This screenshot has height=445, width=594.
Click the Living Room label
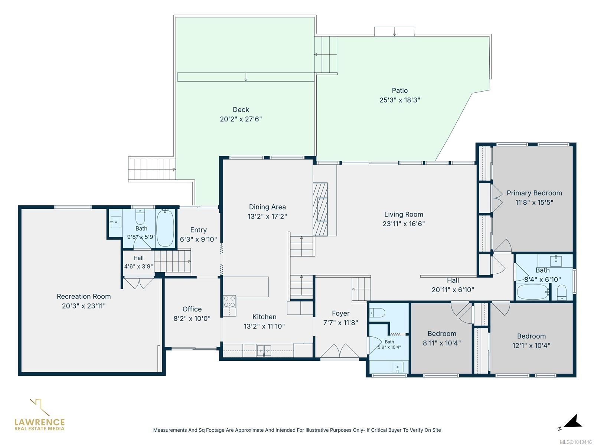tap(404, 214)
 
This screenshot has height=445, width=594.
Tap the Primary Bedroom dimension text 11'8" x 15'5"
tap(534, 202)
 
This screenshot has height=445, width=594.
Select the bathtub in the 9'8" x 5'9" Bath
tap(165, 228)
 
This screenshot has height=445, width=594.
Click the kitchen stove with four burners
tap(229, 301)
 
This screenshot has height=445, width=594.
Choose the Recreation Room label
tap(84, 296)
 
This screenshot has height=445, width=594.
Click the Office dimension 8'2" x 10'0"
tap(192, 319)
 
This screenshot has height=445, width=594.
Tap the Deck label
tap(241, 110)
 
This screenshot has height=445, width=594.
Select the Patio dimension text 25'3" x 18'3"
tap(400, 100)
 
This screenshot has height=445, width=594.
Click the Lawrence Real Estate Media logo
tap(39, 415)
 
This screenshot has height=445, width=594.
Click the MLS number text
tap(575, 442)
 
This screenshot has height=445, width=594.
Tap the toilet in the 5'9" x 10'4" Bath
tap(377, 313)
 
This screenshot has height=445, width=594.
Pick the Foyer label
tap(341, 313)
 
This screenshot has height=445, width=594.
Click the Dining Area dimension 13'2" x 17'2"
tap(267, 217)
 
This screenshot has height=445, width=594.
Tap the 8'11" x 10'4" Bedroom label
tap(442, 334)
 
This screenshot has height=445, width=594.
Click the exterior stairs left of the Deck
tap(152, 169)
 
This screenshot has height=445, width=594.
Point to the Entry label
tap(198, 230)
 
